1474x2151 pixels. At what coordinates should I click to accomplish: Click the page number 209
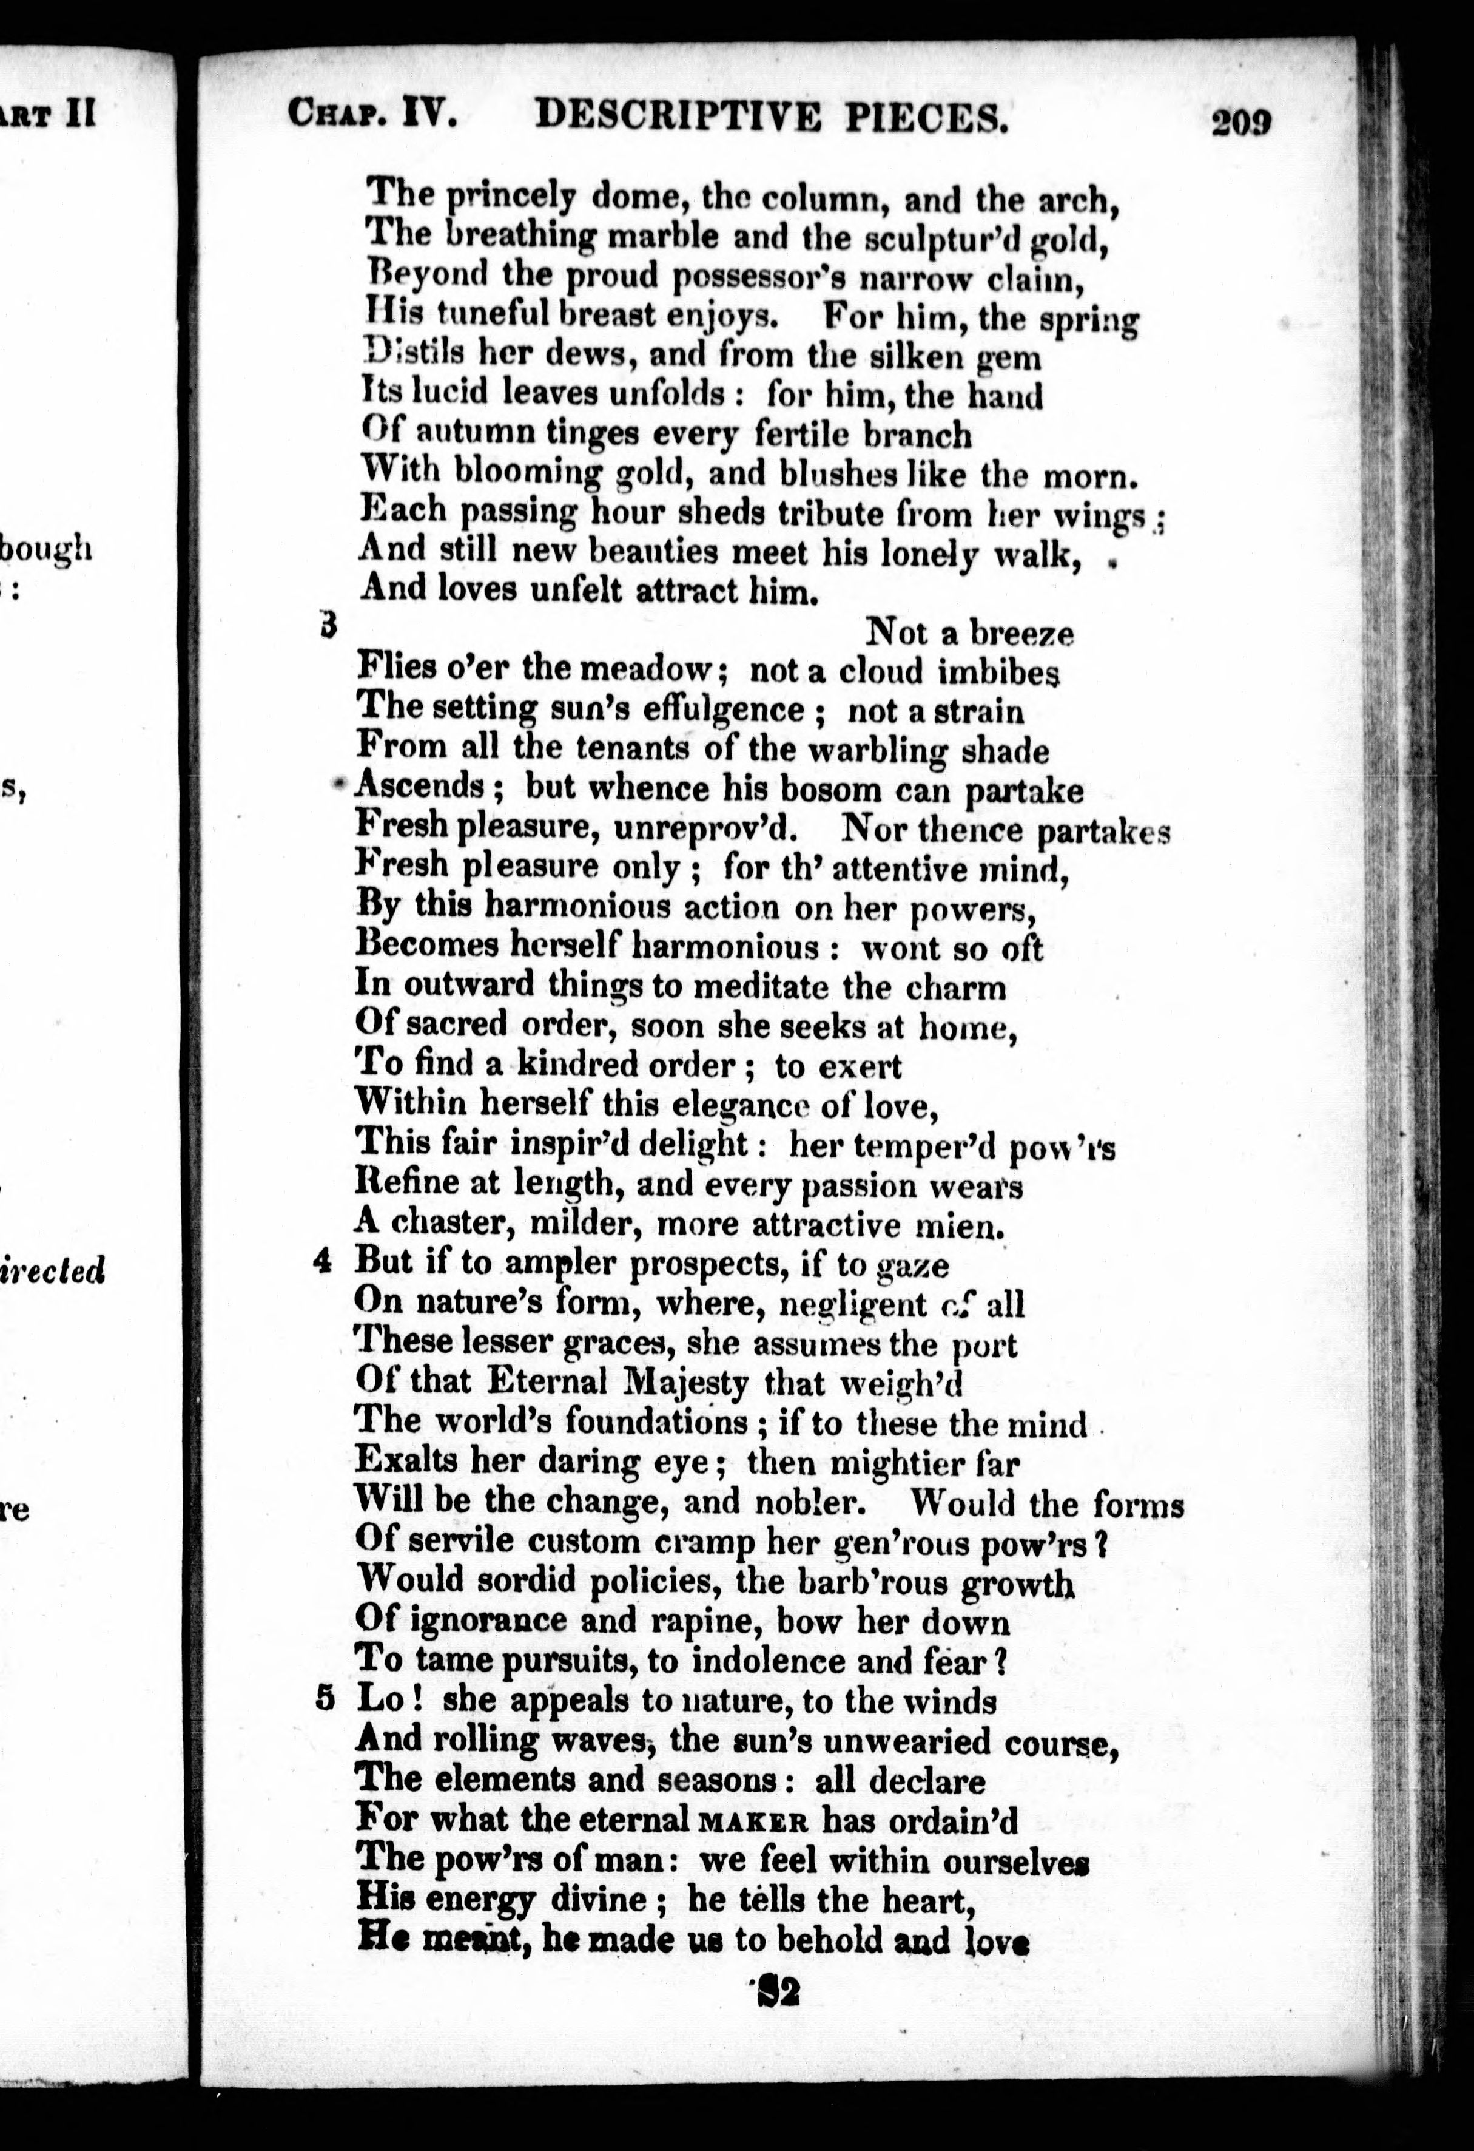click(1242, 121)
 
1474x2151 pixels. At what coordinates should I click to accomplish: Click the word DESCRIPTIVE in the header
click(678, 118)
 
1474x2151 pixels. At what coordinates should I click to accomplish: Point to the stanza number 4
click(323, 1262)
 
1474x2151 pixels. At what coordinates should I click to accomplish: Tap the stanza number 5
click(323, 1699)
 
